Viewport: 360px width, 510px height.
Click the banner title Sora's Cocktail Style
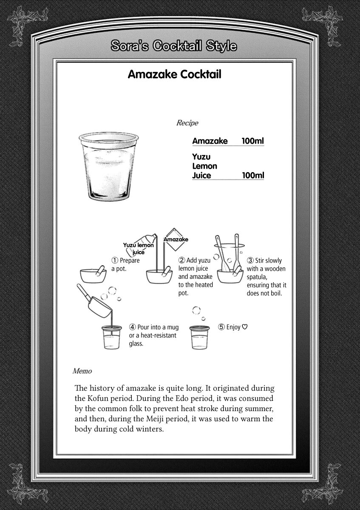(x=173, y=46)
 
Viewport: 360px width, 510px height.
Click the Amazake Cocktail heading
(x=174, y=75)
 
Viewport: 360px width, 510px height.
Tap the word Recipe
(x=187, y=123)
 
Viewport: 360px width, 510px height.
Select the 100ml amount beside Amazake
(x=253, y=141)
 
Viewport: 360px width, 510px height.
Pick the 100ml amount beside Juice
(x=253, y=175)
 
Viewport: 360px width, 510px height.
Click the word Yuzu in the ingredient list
(x=201, y=157)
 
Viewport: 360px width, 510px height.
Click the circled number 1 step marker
(x=114, y=261)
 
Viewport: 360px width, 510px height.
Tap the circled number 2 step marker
(x=181, y=260)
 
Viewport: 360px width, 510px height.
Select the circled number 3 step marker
(x=250, y=261)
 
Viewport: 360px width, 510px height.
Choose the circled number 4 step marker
(x=133, y=327)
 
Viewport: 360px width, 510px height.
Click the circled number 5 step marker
(x=221, y=327)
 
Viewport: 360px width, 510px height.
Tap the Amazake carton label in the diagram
(x=176, y=239)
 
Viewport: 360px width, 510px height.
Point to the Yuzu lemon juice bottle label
(x=138, y=248)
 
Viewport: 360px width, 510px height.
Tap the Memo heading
(x=82, y=371)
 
